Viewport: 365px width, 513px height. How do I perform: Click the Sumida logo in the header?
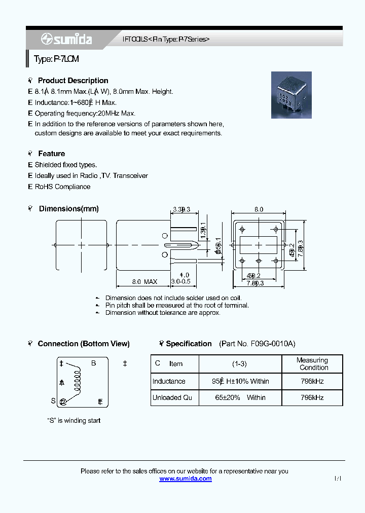pyautogui.click(x=59, y=39)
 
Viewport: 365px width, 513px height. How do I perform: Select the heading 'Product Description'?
pyautogui.click(x=73, y=81)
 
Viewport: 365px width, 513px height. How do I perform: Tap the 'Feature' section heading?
pyautogui.click(x=51, y=154)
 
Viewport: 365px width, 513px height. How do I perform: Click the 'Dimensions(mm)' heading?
pyautogui.click(x=68, y=209)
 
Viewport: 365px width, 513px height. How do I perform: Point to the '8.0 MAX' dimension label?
pyautogui.click(x=144, y=282)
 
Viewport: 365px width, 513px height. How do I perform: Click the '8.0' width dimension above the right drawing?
pyautogui.click(x=259, y=209)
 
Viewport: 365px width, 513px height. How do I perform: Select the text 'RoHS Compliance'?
pyautogui.click(x=62, y=187)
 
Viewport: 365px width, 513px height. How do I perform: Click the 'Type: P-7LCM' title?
pyautogui.click(x=56, y=59)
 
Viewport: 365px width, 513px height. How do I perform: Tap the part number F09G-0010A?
pyautogui.click(x=273, y=344)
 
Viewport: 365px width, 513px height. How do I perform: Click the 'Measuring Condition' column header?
pyautogui.click(x=312, y=364)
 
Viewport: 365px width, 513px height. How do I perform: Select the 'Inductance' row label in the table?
pyautogui.click(x=169, y=381)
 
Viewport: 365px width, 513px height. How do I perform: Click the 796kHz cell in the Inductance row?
pyautogui.click(x=312, y=381)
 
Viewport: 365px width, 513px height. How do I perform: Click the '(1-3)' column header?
pyautogui.click(x=240, y=363)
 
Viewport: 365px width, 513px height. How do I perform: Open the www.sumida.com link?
pyautogui.click(x=186, y=479)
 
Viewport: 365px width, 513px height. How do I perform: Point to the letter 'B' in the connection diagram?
pyautogui.click(x=93, y=363)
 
